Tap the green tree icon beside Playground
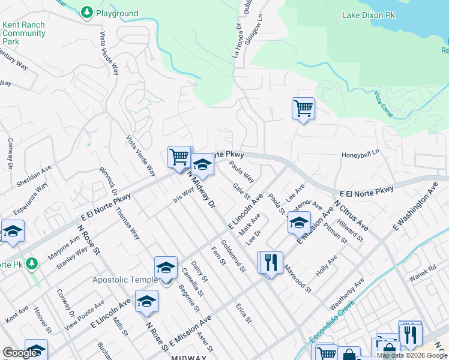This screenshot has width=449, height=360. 87,12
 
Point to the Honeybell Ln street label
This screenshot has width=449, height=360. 361,154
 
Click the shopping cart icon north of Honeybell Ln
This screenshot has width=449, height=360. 303,109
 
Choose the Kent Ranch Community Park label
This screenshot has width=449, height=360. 24,34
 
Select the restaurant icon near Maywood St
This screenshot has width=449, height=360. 270,262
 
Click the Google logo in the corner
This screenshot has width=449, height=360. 20,353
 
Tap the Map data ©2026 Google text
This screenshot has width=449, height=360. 412,355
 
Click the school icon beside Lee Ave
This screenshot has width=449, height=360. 298,222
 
